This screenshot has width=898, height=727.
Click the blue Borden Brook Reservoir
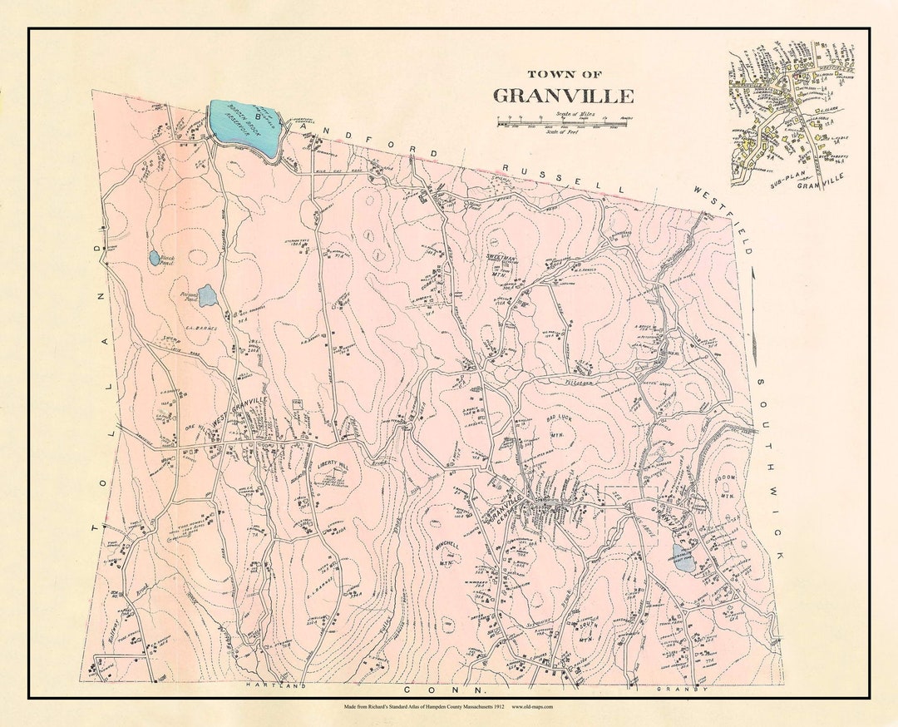(244, 126)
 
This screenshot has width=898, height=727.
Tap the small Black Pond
(155, 259)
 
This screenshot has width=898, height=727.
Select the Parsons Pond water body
(207, 295)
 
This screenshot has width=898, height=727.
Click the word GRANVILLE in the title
(564, 96)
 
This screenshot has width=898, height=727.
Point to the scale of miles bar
(562, 124)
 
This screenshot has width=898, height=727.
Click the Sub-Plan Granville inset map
(791, 116)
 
